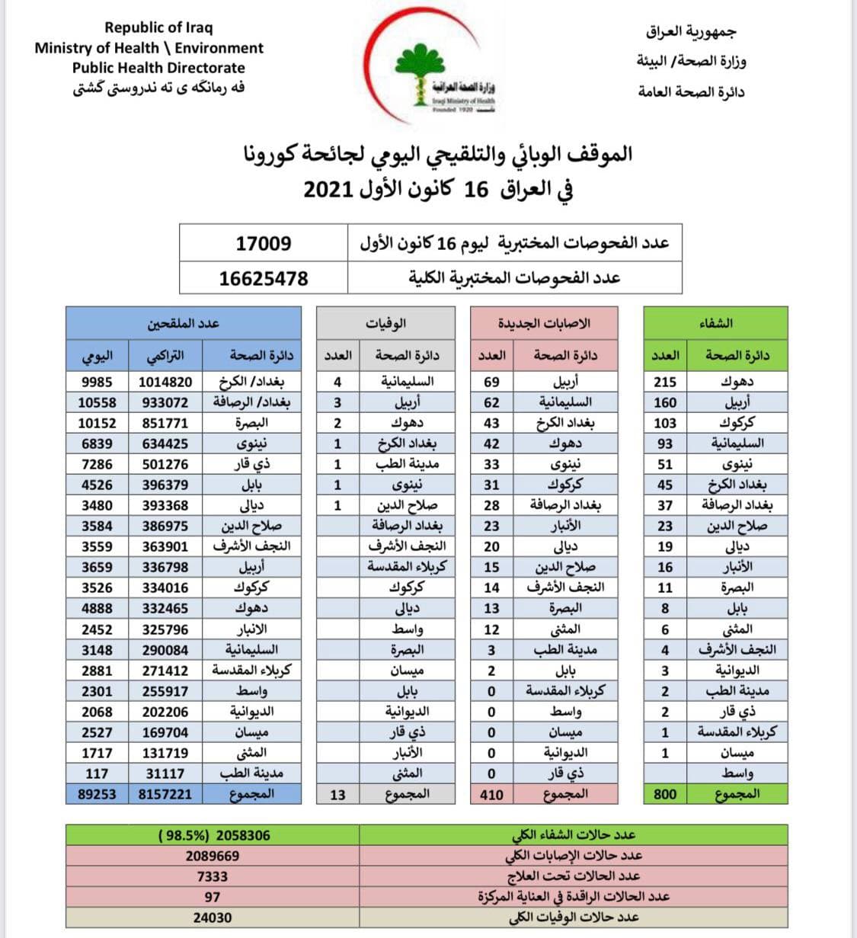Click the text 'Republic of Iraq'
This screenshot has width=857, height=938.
click(158, 27)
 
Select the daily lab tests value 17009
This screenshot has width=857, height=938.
click(263, 244)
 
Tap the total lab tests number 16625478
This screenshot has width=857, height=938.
click(263, 278)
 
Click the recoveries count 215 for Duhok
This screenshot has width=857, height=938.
click(665, 382)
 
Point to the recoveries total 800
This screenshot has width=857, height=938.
click(665, 794)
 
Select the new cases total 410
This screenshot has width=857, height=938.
click(491, 795)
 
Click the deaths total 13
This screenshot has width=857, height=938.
click(337, 795)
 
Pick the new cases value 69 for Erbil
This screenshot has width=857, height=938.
click(491, 382)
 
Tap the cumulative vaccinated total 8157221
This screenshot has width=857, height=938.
click(167, 794)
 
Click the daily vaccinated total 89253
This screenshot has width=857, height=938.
click(97, 794)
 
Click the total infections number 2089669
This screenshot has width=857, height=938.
click(212, 856)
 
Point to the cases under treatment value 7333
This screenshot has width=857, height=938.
click(212, 876)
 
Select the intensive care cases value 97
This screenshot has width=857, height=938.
click(212, 897)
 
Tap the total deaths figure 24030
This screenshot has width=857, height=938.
click(212, 917)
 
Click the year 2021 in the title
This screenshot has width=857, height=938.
click(330, 189)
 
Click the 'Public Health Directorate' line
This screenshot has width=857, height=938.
click(149, 67)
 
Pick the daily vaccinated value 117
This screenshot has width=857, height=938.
click(97, 773)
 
